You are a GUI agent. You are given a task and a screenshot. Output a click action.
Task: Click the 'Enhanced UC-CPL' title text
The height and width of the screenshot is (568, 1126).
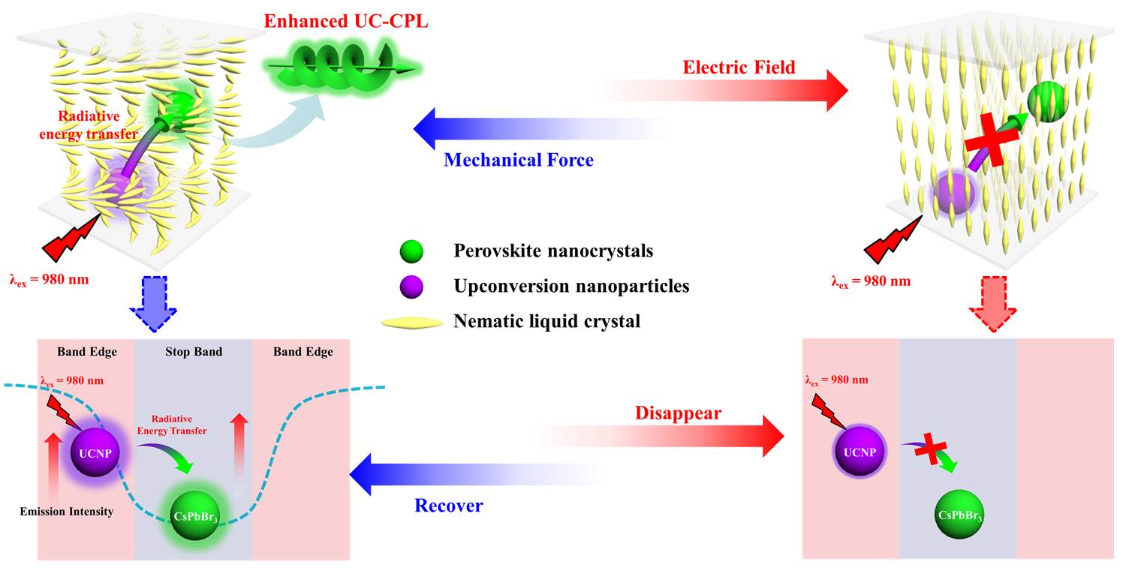click(x=346, y=21)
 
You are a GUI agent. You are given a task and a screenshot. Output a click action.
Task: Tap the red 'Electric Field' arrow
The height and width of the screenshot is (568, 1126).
click(x=723, y=91)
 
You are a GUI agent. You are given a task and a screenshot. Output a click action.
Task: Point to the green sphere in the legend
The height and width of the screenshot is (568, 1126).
click(x=411, y=251)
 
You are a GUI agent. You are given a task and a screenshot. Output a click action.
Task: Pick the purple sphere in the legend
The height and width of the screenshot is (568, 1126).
click(x=411, y=287)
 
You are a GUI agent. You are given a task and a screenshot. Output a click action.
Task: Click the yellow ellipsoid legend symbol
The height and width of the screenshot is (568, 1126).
click(x=412, y=322)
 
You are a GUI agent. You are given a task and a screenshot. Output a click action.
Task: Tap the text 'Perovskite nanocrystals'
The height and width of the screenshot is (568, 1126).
click(x=553, y=251)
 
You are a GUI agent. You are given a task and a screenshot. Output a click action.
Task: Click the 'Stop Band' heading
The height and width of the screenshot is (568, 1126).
click(x=194, y=352)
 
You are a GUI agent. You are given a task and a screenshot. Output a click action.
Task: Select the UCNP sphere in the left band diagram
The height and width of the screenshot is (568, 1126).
click(x=95, y=453)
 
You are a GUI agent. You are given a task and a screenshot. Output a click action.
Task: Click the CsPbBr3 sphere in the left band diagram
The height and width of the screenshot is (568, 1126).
click(x=195, y=515)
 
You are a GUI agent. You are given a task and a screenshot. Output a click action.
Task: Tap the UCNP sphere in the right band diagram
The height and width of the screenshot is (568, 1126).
click(x=860, y=452)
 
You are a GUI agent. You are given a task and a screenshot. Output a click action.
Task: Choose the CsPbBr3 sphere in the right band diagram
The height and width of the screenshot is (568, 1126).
click(x=959, y=514)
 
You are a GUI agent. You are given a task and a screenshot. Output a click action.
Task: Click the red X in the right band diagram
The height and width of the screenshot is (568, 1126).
click(x=931, y=450)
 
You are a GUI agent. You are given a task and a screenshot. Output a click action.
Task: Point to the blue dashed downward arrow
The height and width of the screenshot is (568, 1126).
click(x=153, y=304)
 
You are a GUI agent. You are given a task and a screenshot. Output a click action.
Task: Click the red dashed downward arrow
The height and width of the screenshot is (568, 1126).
click(x=993, y=304)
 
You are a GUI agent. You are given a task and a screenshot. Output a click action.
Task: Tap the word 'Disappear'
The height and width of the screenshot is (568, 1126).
click(x=678, y=413)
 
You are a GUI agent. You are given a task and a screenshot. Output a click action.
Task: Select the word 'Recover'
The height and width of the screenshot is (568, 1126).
click(x=448, y=505)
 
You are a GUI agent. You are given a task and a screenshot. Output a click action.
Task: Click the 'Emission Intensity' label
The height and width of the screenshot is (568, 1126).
click(x=67, y=512)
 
